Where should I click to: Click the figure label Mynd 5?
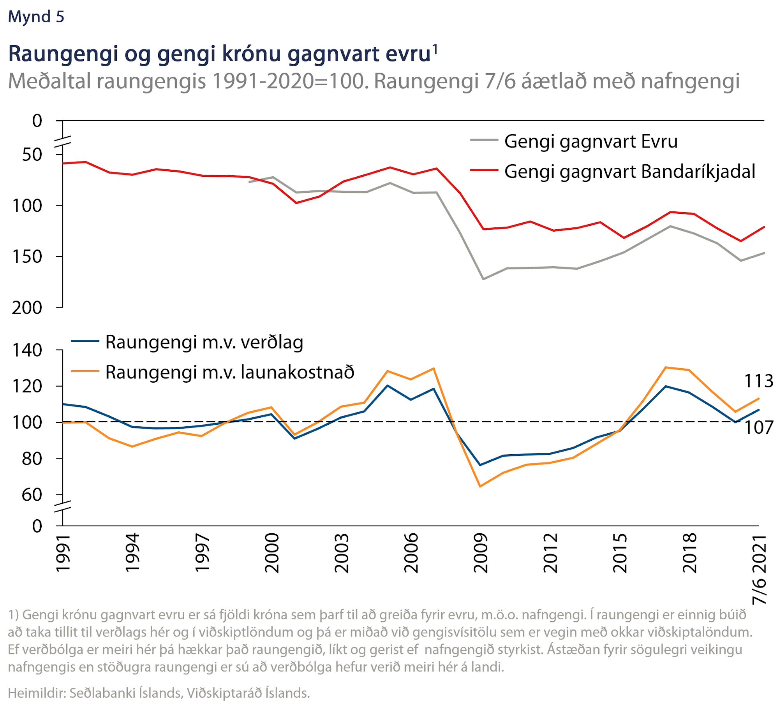point(36,17)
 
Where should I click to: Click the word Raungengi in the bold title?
point(63,54)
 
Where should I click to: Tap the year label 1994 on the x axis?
point(132,553)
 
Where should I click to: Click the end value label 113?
point(758,381)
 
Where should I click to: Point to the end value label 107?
point(758,428)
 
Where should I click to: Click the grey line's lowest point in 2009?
point(483,280)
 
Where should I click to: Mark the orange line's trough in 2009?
point(480,487)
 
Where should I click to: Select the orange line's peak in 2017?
point(666,367)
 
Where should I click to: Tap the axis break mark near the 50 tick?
point(63,142)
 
